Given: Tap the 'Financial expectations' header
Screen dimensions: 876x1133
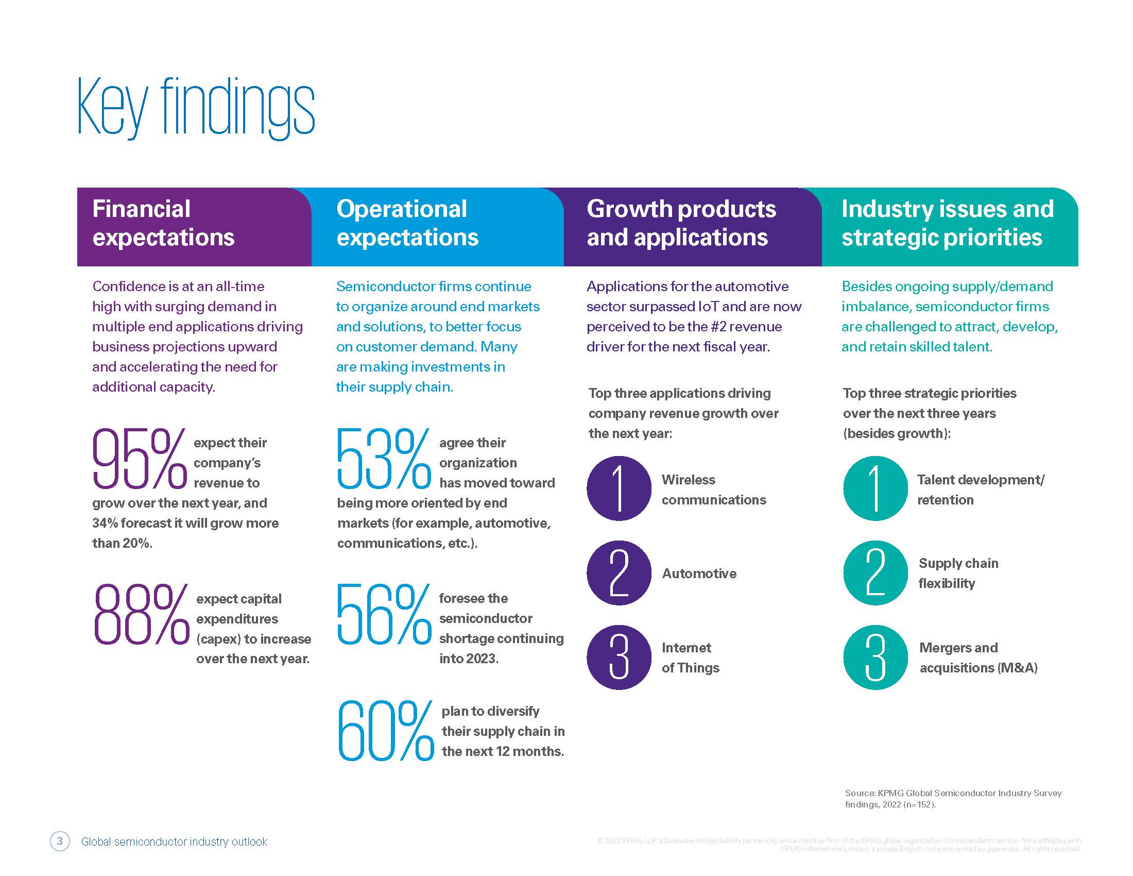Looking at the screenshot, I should pos(163,223).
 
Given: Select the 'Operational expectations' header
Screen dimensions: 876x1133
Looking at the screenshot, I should pos(407,223).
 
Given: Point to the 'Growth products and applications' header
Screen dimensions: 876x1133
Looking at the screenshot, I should pos(681,223).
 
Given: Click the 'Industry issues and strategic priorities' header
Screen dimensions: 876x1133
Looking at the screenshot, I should pos(947,223).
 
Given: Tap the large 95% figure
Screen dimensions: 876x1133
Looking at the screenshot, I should pos(139,459).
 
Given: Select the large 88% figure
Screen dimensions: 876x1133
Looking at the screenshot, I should pos(141,614).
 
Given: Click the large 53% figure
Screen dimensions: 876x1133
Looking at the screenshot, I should pos(384,459).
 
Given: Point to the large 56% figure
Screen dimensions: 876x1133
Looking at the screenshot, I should pos(384,614).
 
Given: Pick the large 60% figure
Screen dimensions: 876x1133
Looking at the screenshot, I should pos(385,731).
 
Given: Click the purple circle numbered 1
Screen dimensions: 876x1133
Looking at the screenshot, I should pos(619,488).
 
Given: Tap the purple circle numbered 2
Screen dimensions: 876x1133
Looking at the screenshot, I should pos(619,573).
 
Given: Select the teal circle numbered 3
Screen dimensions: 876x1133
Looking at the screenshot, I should pos(875,658).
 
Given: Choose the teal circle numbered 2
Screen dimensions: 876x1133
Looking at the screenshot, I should pos(875,573).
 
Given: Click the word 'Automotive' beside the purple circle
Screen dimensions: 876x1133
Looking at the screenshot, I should pos(699,574).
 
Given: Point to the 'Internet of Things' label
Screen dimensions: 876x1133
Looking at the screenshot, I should pos(690,658).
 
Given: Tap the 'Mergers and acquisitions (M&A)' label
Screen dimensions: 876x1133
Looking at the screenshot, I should pos(978,658).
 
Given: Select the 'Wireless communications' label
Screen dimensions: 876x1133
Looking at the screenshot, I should pos(713,490).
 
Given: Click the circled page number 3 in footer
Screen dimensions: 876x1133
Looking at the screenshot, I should pos(60,841).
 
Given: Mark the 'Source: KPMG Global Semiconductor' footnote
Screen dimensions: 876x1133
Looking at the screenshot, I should pos(952,799).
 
